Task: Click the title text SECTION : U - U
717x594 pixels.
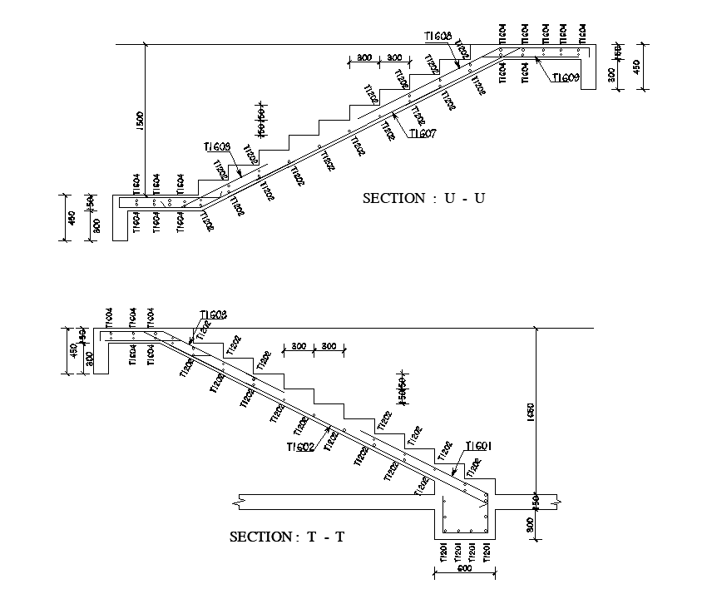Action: pyautogui.click(x=423, y=198)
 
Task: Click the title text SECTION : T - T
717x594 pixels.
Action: pyautogui.click(x=287, y=537)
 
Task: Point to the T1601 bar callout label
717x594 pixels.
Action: pyautogui.click(x=479, y=446)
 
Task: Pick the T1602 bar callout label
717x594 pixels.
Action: pyautogui.click(x=299, y=447)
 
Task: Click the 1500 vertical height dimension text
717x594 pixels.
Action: pyautogui.click(x=140, y=118)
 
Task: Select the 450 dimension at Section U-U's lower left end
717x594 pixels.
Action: pyautogui.click(x=72, y=218)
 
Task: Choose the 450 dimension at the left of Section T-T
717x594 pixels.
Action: pyautogui.click(x=72, y=353)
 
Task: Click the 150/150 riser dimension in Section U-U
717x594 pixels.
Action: pyautogui.click(x=260, y=121)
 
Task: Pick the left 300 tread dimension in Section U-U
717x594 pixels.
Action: pyautogui.click(x=363, y=57)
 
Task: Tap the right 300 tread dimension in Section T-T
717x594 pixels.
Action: pyautogui.click(x=329, y=346)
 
